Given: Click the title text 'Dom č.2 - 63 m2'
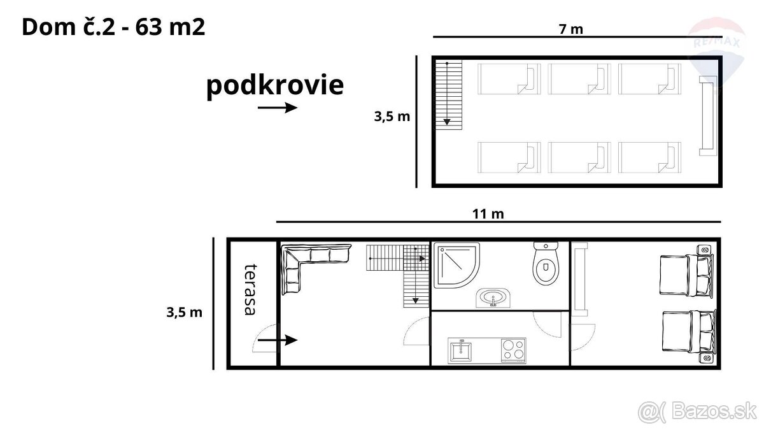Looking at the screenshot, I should pos(113,28).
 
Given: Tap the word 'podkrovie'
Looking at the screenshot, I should pos(274,85).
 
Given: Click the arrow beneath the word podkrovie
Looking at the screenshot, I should pos(278,108).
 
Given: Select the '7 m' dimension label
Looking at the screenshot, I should pos(570,29).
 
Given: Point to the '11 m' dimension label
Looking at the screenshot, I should pos(488,214).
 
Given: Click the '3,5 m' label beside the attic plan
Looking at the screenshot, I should pos(392,117).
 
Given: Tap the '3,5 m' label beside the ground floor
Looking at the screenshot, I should pos(184,312).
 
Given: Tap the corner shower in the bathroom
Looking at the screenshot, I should pos(456,266).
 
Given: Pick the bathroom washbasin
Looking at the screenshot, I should pos(493,297).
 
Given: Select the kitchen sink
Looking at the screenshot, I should pos(460,350).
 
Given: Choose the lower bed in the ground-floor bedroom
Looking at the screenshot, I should pos(687,336).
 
